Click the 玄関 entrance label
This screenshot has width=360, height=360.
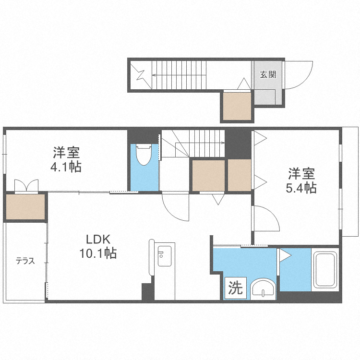click(x=268, y=74)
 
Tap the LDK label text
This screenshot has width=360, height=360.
click(x=98, y=240)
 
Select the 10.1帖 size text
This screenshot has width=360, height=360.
click(x=98, y=253)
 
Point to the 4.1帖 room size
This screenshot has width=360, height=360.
click(x=66, y=167)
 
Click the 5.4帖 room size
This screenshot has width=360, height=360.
click(x=301, y=188)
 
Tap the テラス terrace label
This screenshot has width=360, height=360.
click(x=25, y=261)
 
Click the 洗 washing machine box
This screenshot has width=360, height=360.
click(x=236, y=288)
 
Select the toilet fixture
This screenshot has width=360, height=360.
click(x=144, y=154)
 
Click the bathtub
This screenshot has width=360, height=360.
click(x=325, y=270)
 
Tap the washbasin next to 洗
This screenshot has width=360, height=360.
click(x=263, y=289)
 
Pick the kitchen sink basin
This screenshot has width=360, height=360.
click(x=164, y=256)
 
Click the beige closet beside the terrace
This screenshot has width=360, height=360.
click(x=25, y=206)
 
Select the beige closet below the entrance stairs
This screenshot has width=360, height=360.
click(x=237, y=106)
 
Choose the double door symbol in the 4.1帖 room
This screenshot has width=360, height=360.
click(x=26, y=185)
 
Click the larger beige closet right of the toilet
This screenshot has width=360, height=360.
click(x=208, y=175)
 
